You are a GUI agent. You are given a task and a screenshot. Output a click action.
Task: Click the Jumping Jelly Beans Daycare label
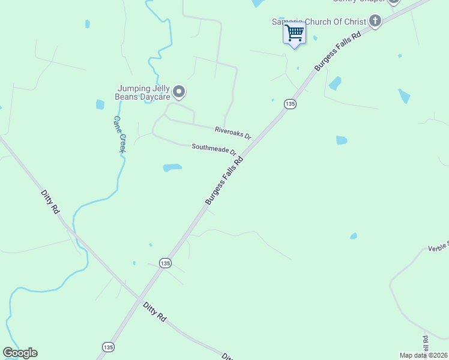[x=144, y=92]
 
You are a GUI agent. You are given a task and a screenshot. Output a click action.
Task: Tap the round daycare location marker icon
[x=179, y=92]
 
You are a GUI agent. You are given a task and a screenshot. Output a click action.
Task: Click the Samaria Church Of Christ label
[x=319, y=22]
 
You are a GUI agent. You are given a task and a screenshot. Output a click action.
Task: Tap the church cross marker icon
[x=375, y=22]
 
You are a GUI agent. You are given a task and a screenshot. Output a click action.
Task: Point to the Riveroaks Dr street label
[x=233, y=133]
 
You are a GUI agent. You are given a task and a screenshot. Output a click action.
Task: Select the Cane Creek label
[x=119, y=134]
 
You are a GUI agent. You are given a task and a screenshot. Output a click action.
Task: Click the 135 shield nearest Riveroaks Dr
[x=291, y=104]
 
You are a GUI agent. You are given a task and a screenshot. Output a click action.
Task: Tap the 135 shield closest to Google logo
[x=108, y=347]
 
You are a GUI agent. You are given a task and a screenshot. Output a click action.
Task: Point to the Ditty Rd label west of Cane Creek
[x=50, y=202]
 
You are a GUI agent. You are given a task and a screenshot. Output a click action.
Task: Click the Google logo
[x=20, y=353]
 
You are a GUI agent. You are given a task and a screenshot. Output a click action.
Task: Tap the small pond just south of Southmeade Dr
[x=172, y=167]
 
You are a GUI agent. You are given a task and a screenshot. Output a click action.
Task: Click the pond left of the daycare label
[x=100, y=104]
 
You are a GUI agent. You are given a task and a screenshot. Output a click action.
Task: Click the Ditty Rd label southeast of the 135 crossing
[x=154, y=312]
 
